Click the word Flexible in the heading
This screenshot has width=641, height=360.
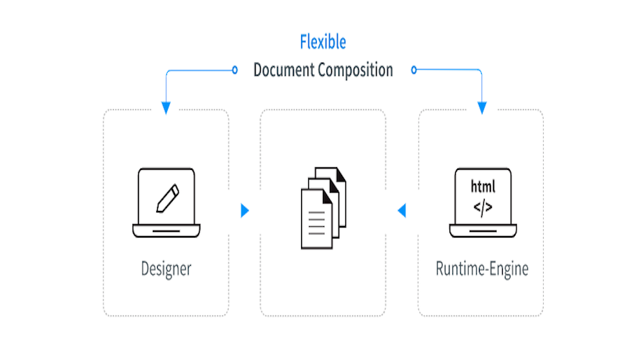point(323,42)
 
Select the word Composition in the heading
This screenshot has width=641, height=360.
point(357,71)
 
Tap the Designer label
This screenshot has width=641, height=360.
point(166,269)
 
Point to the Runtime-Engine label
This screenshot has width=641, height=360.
point(482,269)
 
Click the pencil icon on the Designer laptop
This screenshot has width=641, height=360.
point(166,197)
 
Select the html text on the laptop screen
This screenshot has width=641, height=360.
point(483,186)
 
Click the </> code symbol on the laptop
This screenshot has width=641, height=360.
point(483,208)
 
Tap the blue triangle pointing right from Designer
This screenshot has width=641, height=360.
point(245,210)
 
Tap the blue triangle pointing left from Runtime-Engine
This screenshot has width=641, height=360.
point(402,210)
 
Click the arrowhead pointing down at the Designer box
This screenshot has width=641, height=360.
point(166,107)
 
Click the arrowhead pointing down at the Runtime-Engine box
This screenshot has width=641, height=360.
point(482,107)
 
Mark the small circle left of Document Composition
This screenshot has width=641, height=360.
point(234,71)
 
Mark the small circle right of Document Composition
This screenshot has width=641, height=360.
point(413,71)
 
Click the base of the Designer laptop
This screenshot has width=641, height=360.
point(166,231)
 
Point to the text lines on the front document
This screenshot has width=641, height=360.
point(315,220)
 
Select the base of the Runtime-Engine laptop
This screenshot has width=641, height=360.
point(482,231)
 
